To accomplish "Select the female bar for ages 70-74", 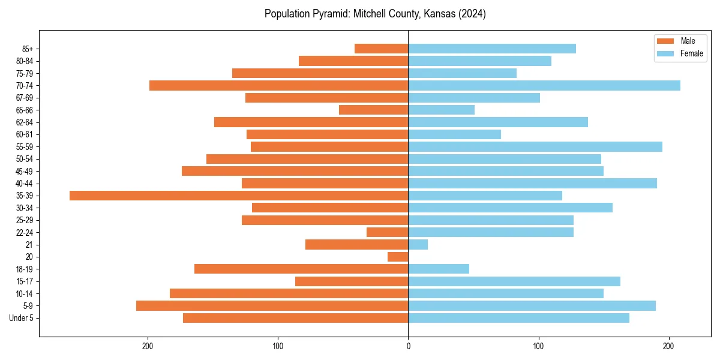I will (x=544, y=86).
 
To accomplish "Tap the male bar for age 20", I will (x=398, y=257).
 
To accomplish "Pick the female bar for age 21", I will (x=418, y=245).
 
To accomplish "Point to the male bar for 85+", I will (x=382, y=49).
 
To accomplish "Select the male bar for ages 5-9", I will (x=272, y=306).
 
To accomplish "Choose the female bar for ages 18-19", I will (x=439, y=269).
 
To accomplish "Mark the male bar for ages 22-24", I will (x=388, y=232).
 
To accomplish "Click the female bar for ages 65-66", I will (x=442, y=110).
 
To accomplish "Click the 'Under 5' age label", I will (x=21, y=318).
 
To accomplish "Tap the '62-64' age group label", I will (x=25, y=122).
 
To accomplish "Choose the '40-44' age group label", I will (x=25, y=184).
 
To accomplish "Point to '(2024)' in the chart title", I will (x=470, y=14).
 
